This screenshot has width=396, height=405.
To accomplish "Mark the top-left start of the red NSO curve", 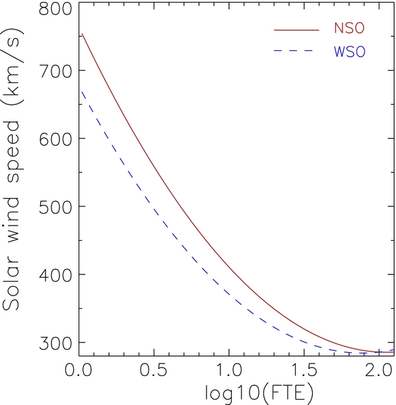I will click(82, 34).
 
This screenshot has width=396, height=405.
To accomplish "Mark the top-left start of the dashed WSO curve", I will click(82, 92).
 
